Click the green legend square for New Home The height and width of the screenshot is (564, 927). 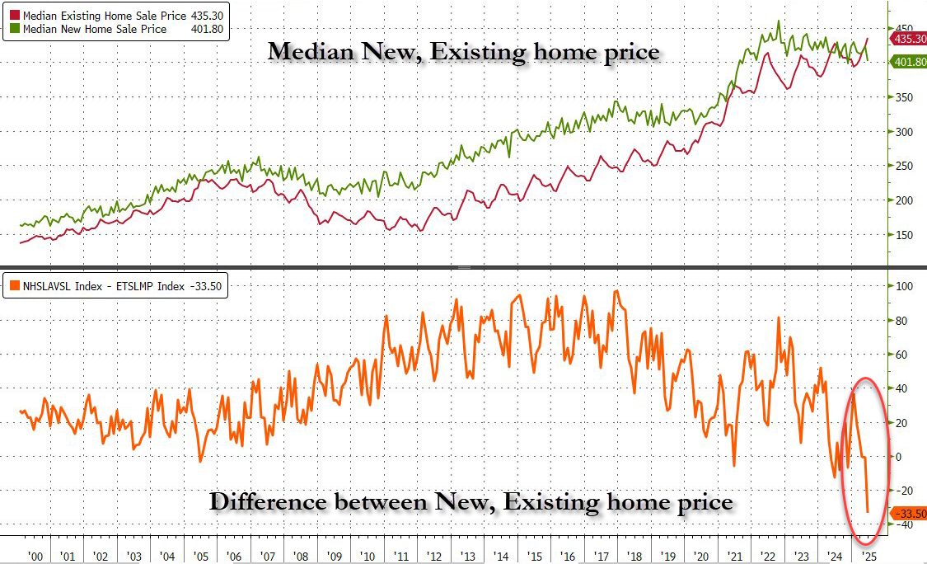point(14,29)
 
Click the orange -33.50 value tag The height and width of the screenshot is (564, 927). point(907,513)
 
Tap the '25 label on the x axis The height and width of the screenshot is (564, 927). point(867,556)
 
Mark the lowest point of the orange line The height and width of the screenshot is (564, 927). point(868,512)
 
